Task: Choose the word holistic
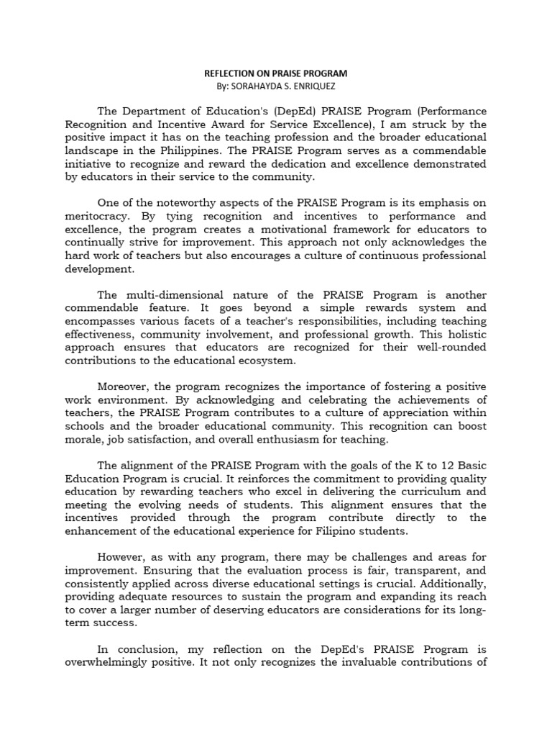pos(464,335)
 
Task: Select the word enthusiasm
pos(310,439)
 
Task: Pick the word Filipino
pos(339,530)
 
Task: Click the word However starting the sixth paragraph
pos(121,557)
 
